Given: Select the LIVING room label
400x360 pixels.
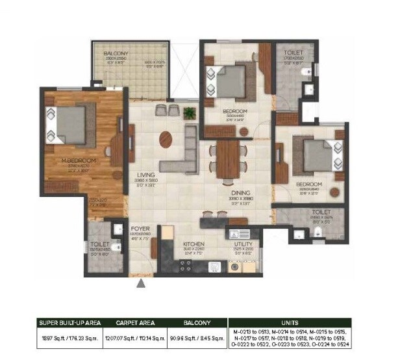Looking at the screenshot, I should pyautogui.click(x=144, y=174).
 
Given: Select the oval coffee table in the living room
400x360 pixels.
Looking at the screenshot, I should pyautogui.click(x=166, y=140).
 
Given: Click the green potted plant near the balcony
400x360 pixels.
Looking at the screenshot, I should pyautogui.click(x=190, y=113).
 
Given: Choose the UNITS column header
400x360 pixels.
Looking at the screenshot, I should pyautogui.click(x=290, y=322).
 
